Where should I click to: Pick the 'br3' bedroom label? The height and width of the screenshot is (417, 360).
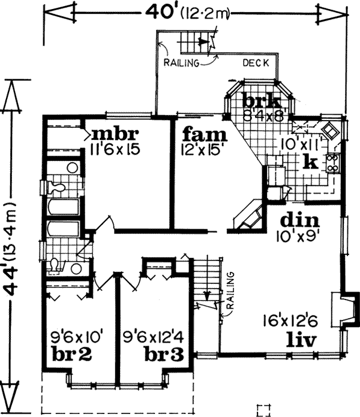click(164, 354)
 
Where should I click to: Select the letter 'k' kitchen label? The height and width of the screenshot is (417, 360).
click(310, 161)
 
